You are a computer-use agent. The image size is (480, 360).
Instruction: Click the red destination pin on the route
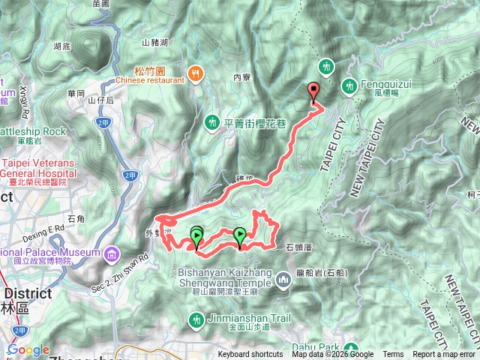[x=313, y=91]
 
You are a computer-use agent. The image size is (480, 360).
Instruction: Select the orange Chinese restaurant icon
[x=196, y=73]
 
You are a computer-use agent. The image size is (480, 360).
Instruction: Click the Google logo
[x=28, y=349]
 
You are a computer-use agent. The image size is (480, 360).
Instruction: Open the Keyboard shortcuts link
[x=250, y=355]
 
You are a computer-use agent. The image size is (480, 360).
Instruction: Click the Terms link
[x=392, y=355]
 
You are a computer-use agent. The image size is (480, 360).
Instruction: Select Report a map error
[x=444, y=355]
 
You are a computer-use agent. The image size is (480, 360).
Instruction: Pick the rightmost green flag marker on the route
[x=239, y=237]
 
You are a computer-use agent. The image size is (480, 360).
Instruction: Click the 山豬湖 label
[x=155, y=43]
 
